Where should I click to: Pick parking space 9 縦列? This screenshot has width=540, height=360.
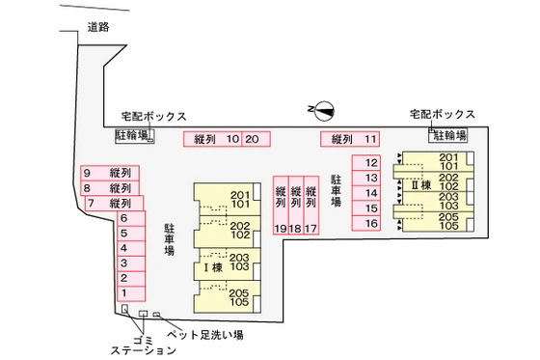110,174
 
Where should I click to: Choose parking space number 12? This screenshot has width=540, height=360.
371,162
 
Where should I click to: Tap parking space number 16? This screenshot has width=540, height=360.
371,224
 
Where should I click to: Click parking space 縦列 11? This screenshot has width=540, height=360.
353,139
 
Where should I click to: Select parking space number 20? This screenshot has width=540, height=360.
255,139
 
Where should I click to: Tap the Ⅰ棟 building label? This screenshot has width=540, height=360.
212,266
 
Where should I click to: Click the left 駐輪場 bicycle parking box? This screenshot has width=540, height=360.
132,136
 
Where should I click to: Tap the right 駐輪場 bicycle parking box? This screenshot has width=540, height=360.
448,135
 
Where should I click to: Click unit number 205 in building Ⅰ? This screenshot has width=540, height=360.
239,293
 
